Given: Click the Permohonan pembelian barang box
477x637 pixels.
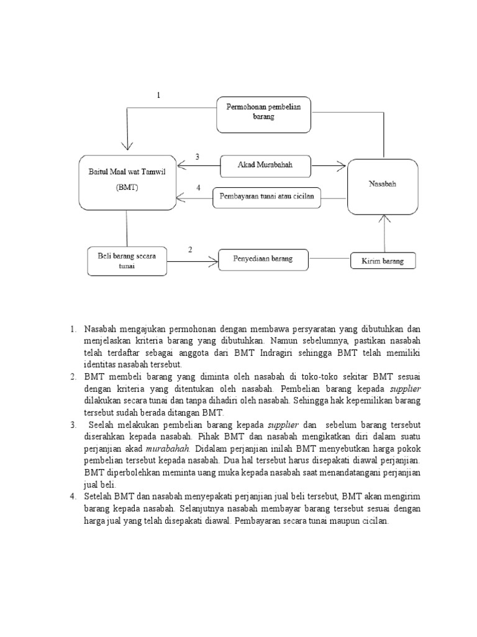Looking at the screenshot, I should click(263, 114).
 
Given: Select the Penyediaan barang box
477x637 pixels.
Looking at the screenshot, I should click(263, 258).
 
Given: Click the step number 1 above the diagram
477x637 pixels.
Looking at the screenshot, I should click(158, 95).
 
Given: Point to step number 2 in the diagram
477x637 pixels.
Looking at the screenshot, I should click(190, 249).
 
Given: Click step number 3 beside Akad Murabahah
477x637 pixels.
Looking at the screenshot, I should click(198, 157).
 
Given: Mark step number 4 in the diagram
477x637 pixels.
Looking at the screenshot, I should click(198, 188).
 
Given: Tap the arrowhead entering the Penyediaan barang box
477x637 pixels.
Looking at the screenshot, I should click(214, 262).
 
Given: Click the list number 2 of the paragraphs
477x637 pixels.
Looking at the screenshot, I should click(73, 377).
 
